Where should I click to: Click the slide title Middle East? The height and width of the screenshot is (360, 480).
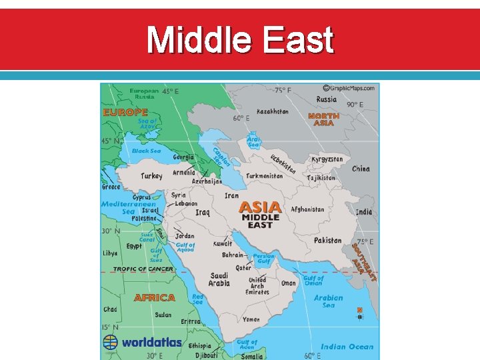tap(240, 40)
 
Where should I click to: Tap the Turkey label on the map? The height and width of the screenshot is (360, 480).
tap(151, 177)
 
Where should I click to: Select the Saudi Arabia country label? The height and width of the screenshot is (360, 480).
tap(219, 279)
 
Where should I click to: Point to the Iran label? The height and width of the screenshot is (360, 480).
tap(231, 195)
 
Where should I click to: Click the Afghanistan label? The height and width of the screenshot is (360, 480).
tap(307, 209)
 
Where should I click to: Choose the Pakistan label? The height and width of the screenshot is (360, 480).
tap(327, 241)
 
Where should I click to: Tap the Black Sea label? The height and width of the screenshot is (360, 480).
tap(146, 151)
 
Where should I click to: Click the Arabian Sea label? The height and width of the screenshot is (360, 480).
tap(329, 301)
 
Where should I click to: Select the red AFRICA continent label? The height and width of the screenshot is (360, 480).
tap(155, 297)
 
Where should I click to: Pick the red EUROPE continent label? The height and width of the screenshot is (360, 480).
tap(125, 113)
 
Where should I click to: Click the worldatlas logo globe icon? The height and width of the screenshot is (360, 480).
tap(110, 342)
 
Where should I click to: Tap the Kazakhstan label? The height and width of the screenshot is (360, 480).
tap(273, 111)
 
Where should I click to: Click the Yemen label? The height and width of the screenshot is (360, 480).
tap(251, 319)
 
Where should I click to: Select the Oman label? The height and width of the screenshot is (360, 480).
tap(288, 283)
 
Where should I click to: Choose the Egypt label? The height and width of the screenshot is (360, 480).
tap(134, 246)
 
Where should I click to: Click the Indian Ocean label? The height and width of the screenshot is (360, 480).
tap(347, 347)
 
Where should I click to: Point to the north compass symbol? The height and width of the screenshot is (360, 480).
tap(360, 313)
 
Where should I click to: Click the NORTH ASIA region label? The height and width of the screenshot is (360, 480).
tap(323, 119)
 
